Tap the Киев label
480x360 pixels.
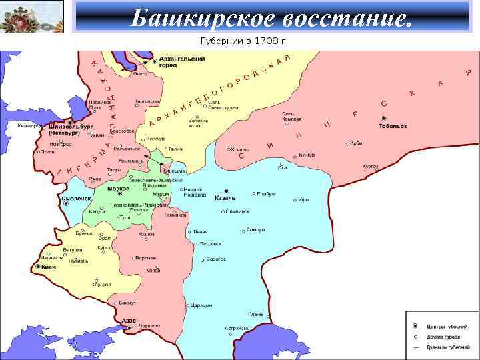pos(49,267)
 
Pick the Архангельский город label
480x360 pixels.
pos(181,62)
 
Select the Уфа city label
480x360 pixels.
pos(304,200)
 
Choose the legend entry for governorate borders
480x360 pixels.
pos(443,347)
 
